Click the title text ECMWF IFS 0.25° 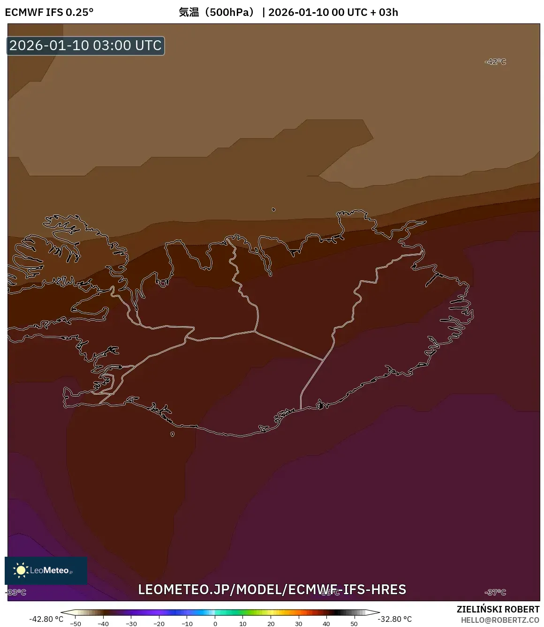pyautogui.click(x=49, y=12)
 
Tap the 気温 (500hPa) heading pyautogui.click(x=216, y=12)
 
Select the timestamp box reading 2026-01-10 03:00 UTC pyautogui.click(x=85, y=45)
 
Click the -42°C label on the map pyautogui.click(x=495, y=62)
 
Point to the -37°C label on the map pyautogui.click(x=495, y=592)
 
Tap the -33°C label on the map pyautogui.click(x=16, y=592)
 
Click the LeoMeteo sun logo pyautogui.click(x=21, y=570)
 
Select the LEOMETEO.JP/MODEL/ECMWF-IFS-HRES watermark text pyautogui.click(x=272, y=590)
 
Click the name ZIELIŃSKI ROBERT pyautogui.click(x=498, y=609)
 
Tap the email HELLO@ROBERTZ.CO pyautogui.click(x=500, y=620)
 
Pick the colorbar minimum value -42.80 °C pyautogui.click(x=46, y=619)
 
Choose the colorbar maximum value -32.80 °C pyautogui.click(x=395, y=619)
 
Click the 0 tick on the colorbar pyautogui.click(x=215, y=624)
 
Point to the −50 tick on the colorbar pyautogui.click(x=75, y=624)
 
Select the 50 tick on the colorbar pyautogui.click(x=354, y=624)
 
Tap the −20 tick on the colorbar pyautogui.click(x=159, y=624)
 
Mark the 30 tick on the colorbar pyautogui.click(x=299, y=624)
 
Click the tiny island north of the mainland pyautogui.click(x=273, y=209)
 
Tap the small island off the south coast pyautogui.click(x=172, y=434)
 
